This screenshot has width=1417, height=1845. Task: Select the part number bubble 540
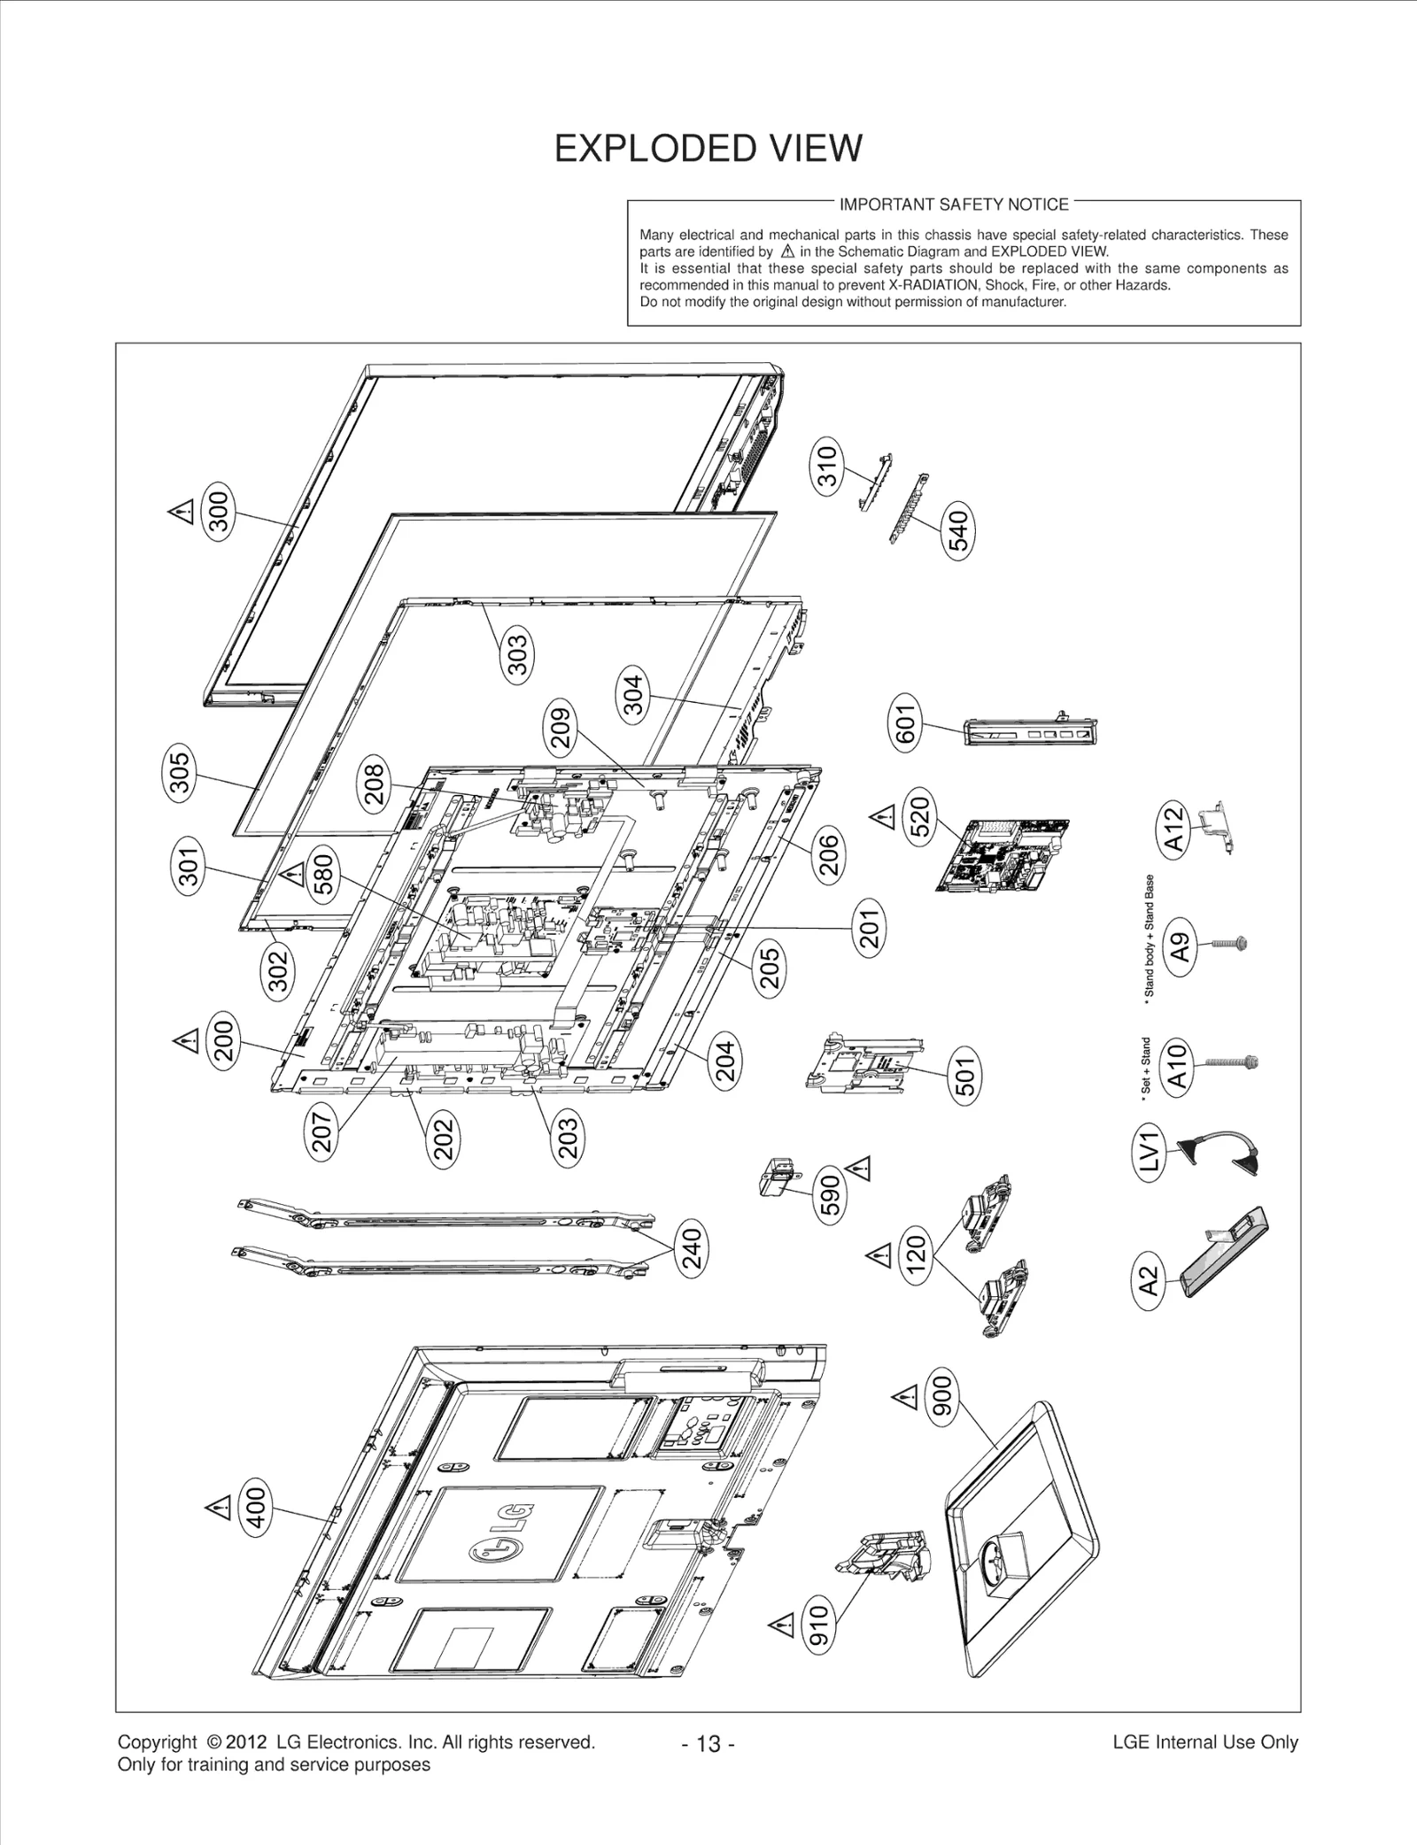pos(959,528)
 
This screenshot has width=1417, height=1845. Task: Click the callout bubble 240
pos(692,1248)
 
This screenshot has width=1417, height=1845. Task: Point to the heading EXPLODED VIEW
pos(708,148)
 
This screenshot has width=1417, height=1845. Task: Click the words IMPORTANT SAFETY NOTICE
pos(954,205)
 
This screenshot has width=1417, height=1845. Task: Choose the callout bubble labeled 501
pos(965,1076)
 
